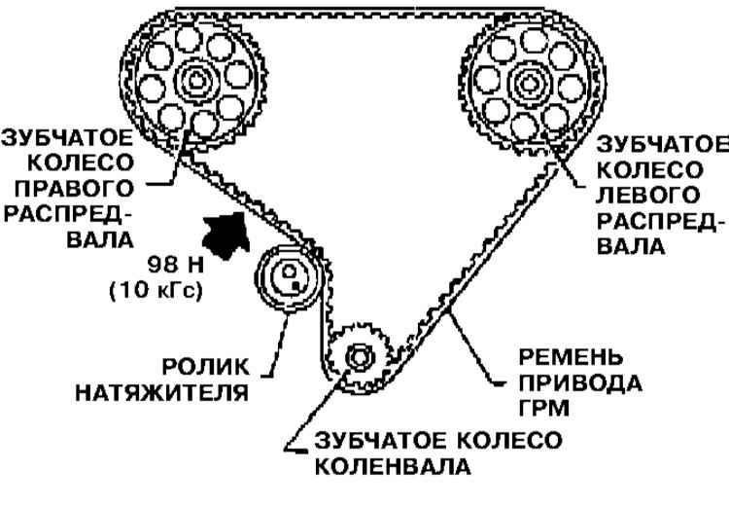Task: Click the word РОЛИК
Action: click(226, 367)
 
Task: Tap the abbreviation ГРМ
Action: click(551, 406)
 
